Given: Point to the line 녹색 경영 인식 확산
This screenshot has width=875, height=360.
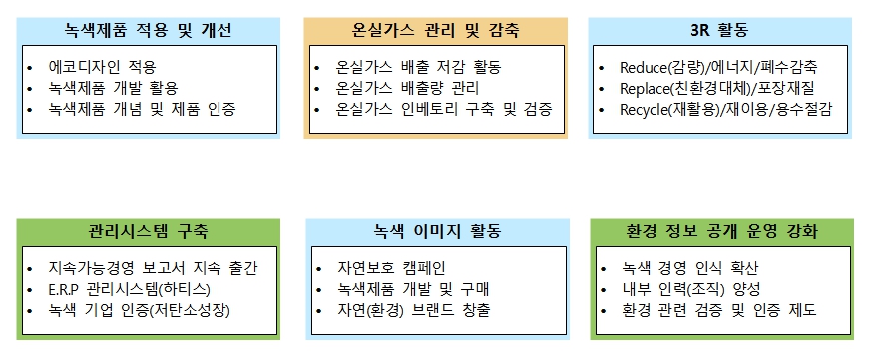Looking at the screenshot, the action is (689, 269).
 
